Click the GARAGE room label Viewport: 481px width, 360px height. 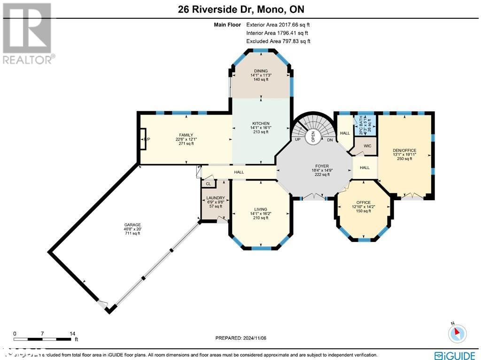point(132,225)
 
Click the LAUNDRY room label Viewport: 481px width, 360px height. point(212,198)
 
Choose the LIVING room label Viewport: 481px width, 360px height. point(261,209)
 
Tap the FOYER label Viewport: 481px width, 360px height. point(322,166)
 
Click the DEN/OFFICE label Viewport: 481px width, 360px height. point(404,150)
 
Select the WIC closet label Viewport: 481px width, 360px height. point(367,146)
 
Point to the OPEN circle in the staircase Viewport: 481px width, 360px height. point(313,136)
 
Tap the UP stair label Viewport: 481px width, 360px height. point(297,140)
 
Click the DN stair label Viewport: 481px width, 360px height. point(330,140)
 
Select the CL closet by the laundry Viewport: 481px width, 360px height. point(208,184)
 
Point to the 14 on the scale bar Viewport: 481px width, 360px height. point(72,334)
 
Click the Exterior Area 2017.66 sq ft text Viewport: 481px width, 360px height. point(278,24)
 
